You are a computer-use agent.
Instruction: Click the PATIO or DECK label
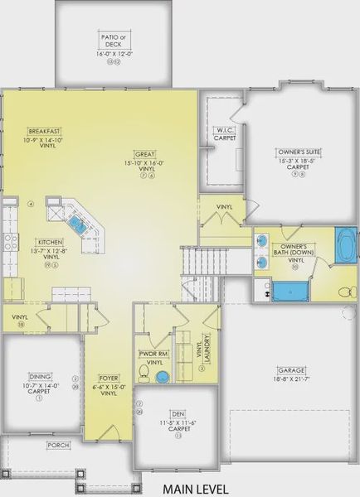pyautogui.click(x=113, y=40)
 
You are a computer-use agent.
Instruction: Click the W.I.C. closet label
pyautogui.click(x=224, y=130)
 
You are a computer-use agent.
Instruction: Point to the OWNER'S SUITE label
pyautogui.click(x=299, y=152)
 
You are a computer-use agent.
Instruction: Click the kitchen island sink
pyautogui.click(x=77, y=223)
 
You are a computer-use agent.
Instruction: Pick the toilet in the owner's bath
pyautogui.click(x=346, y=291)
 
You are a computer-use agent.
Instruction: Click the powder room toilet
pyautogui.click(x=144, y=378)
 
